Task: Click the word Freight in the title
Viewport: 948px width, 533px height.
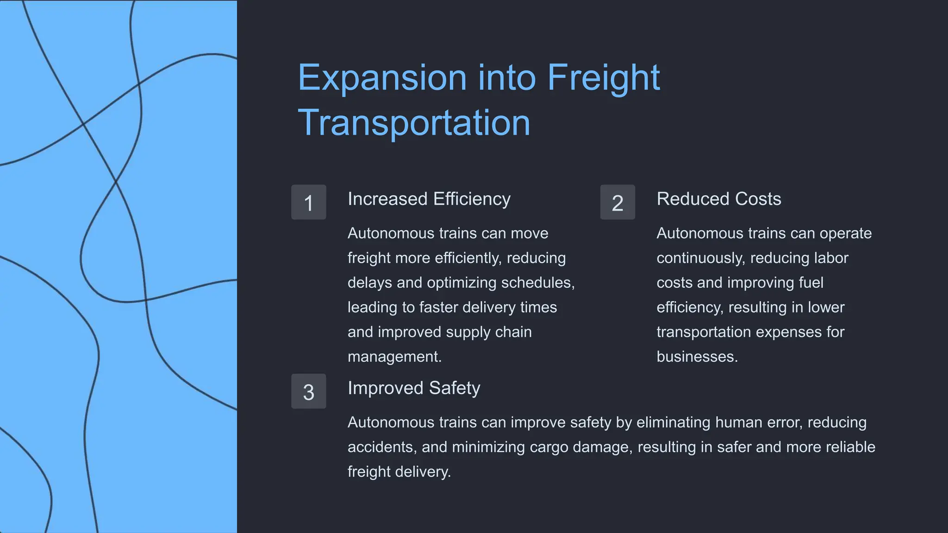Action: pos(604,78)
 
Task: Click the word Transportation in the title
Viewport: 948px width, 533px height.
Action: pos(414,123)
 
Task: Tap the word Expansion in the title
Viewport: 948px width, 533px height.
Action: pos(382,78)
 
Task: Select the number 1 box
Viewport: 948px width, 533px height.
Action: pos(309,202)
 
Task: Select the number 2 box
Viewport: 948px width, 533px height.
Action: pos(617,202)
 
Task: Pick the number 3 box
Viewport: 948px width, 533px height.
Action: pos(309,391)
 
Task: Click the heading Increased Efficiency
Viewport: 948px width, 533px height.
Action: pos(429,199)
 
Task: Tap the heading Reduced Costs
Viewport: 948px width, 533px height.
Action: pos(718,199)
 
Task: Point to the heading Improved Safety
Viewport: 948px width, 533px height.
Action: pos(414,388)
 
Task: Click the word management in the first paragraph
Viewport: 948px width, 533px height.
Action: pos(393,357)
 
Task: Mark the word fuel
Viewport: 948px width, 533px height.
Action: pos(811,283)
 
